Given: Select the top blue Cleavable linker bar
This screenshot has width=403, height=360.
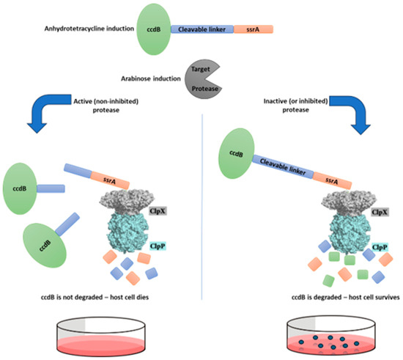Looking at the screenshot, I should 202,29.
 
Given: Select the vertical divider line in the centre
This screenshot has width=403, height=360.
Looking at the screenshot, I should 202,220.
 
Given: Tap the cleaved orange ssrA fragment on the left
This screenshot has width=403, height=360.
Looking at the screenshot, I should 110,178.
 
